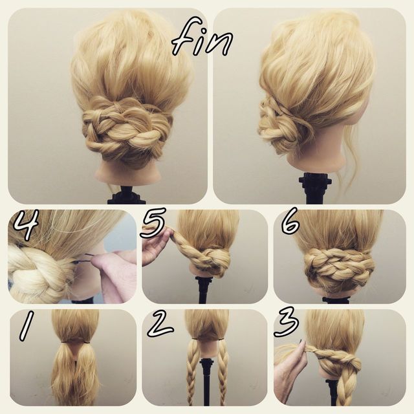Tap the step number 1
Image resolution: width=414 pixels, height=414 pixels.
point(27,325)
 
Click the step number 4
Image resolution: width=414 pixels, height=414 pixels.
point(26,224)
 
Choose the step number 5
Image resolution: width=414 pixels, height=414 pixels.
point(153,223)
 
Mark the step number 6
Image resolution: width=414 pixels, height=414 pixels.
point(290,221)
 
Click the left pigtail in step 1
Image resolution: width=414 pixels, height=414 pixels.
point(64,373)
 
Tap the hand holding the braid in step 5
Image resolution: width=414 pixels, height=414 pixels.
point(157,247)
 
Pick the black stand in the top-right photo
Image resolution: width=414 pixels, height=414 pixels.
point(315,188)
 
